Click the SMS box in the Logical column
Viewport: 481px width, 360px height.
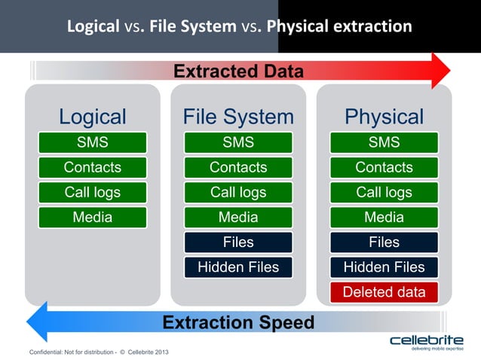click(x=92, y=142)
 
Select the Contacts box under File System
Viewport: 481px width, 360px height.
click(x=238, y=167)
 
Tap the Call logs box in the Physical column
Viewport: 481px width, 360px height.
click(x=384, y=192)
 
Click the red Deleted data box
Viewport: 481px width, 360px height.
click(x=384, y=291)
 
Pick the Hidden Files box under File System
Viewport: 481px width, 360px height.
click(x=238, y=267)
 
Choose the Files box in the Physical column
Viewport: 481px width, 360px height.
click(x=384, y=242)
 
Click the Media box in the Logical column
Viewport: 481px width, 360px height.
click(x=92, y=217)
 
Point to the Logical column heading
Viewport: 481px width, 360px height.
click(x=92, y=117)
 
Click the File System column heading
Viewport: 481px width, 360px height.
click(x=238, y=117)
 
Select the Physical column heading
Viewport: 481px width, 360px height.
click(x=384, y=117)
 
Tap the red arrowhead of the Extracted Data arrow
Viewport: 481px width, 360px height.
click(x=439, y=72)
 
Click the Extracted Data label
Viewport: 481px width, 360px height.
click(x=238, y=72)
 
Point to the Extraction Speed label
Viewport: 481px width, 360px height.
click(x=238, y=322)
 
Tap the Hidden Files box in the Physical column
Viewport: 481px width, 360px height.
click(x=384, y=267)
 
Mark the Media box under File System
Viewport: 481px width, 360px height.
click(x=238, y=217)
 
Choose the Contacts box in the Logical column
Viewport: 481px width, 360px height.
click(x=92, y=167)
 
